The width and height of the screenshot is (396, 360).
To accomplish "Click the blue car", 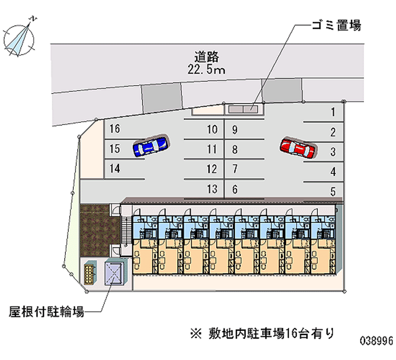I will [x=150, y=146].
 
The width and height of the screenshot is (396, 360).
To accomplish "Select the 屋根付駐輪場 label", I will [x=46, y=312].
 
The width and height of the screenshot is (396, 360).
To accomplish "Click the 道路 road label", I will [x=206, y=55].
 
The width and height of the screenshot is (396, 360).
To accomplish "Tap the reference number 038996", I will [x=376, y=341].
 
